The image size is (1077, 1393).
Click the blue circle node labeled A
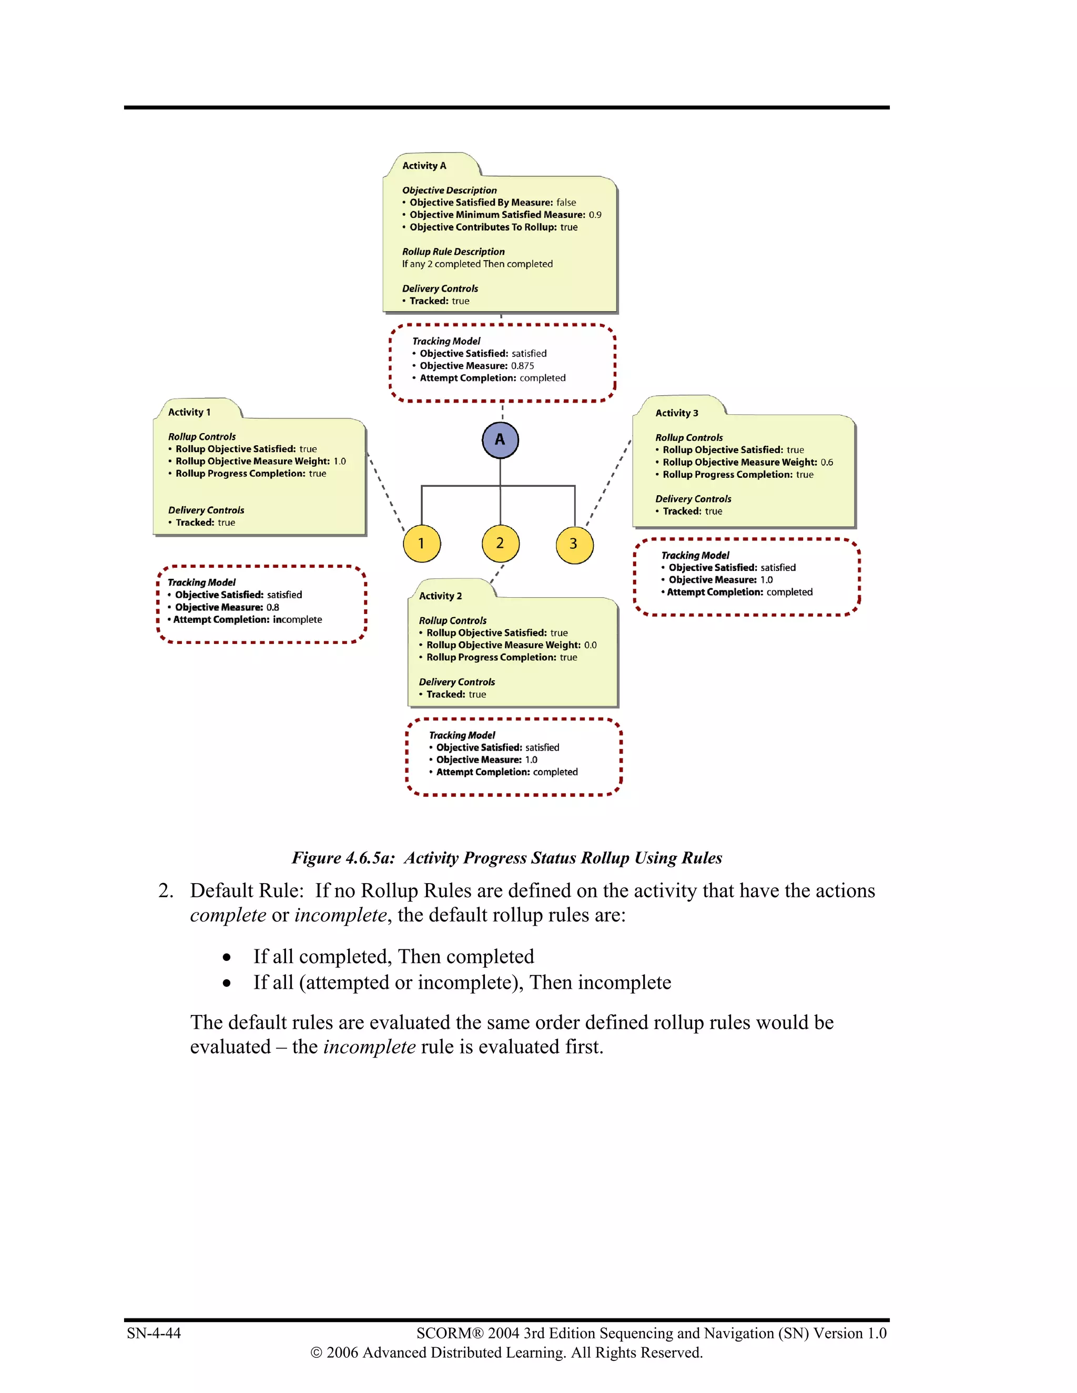point(500,440)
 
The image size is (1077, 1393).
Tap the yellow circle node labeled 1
point(422,544)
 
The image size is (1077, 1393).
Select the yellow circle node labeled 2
point(500,544)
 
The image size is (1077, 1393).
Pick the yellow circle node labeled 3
point(574,544)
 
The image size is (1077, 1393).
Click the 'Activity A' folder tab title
point(424,166)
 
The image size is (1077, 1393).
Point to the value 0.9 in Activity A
point(595,215)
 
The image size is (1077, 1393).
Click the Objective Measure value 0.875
point(523,366)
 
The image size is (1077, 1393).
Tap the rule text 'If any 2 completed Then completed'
point(477,264)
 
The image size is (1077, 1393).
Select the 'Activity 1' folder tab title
point(189,413)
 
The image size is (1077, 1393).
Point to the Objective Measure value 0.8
point(272,608)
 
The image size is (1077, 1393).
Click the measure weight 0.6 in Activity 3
point(827,463)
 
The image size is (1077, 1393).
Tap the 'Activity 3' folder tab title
point(676,413)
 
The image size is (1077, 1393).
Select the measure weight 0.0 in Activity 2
point(590,646)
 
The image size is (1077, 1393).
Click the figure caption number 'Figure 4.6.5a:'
point(343,858)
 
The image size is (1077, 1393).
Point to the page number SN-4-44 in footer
point(154,1333)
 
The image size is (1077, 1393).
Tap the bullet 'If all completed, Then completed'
point(394,957)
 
